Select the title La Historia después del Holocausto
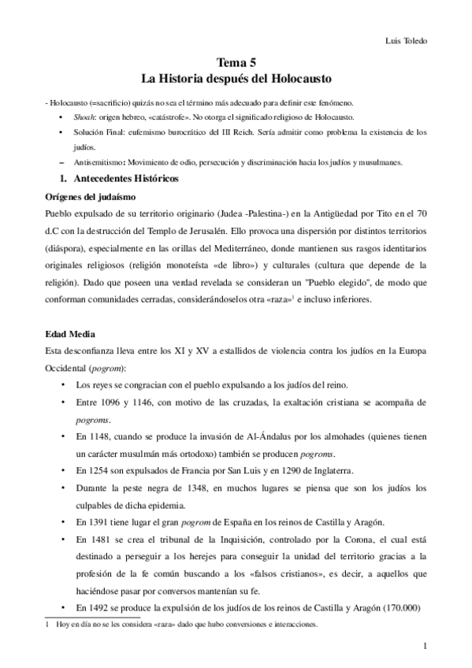pyautogui.click(x=236, y=80)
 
